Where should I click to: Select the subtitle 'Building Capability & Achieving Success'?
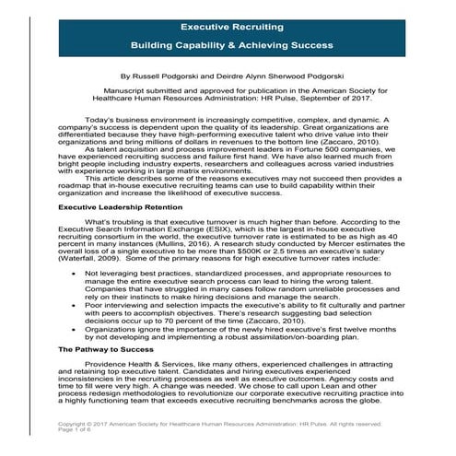pos(227,44)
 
